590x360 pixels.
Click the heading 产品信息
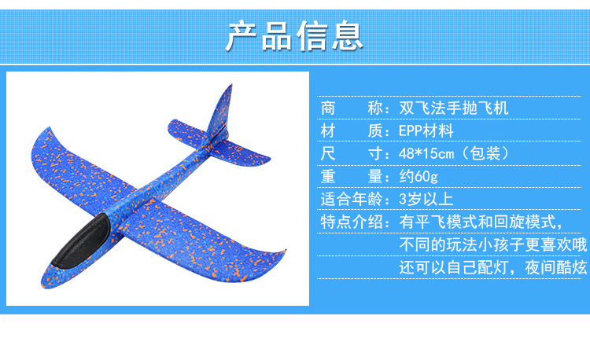[294, 35]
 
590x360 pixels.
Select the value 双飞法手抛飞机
[453, 108]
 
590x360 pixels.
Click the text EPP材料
[426, 130]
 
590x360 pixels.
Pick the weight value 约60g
[419, 176]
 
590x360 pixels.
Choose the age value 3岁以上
[426, 199]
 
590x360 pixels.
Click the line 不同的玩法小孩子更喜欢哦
[493, 244]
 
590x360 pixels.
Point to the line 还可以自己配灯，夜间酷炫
[493, 267]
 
